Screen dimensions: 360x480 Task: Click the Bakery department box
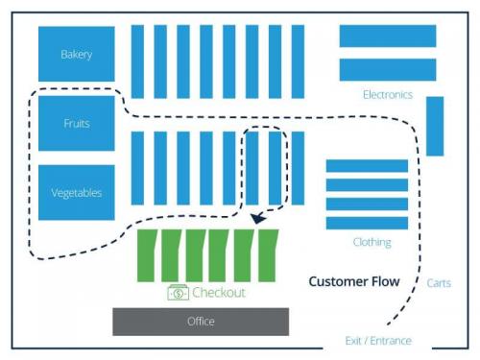(76, 54)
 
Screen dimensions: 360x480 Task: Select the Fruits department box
(76, 123)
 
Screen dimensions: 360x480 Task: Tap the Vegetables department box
(76, 192)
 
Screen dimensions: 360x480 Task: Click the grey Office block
(201, 321)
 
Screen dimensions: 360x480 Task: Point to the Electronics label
(387, 94)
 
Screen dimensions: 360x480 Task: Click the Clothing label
(372, 242)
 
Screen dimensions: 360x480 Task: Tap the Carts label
(438, 283)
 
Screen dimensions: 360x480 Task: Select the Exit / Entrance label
(378, 341)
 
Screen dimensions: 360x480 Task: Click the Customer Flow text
(353, 281)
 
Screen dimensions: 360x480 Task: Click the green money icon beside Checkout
(178, 293)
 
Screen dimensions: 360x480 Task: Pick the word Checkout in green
(219, 293)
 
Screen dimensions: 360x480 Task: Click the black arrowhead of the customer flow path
(258, 220)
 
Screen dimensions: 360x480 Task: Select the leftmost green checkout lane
(149, 255)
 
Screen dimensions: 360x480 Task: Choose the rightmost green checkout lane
(268, 255)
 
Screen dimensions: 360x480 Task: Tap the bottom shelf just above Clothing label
(367, 223)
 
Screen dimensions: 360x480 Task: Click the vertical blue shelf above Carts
(435, 126)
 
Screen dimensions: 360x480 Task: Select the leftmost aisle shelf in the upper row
(137, 61)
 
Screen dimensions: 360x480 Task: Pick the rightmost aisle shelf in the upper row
(298, 61)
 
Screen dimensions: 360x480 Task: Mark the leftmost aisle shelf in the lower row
(137, 168)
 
